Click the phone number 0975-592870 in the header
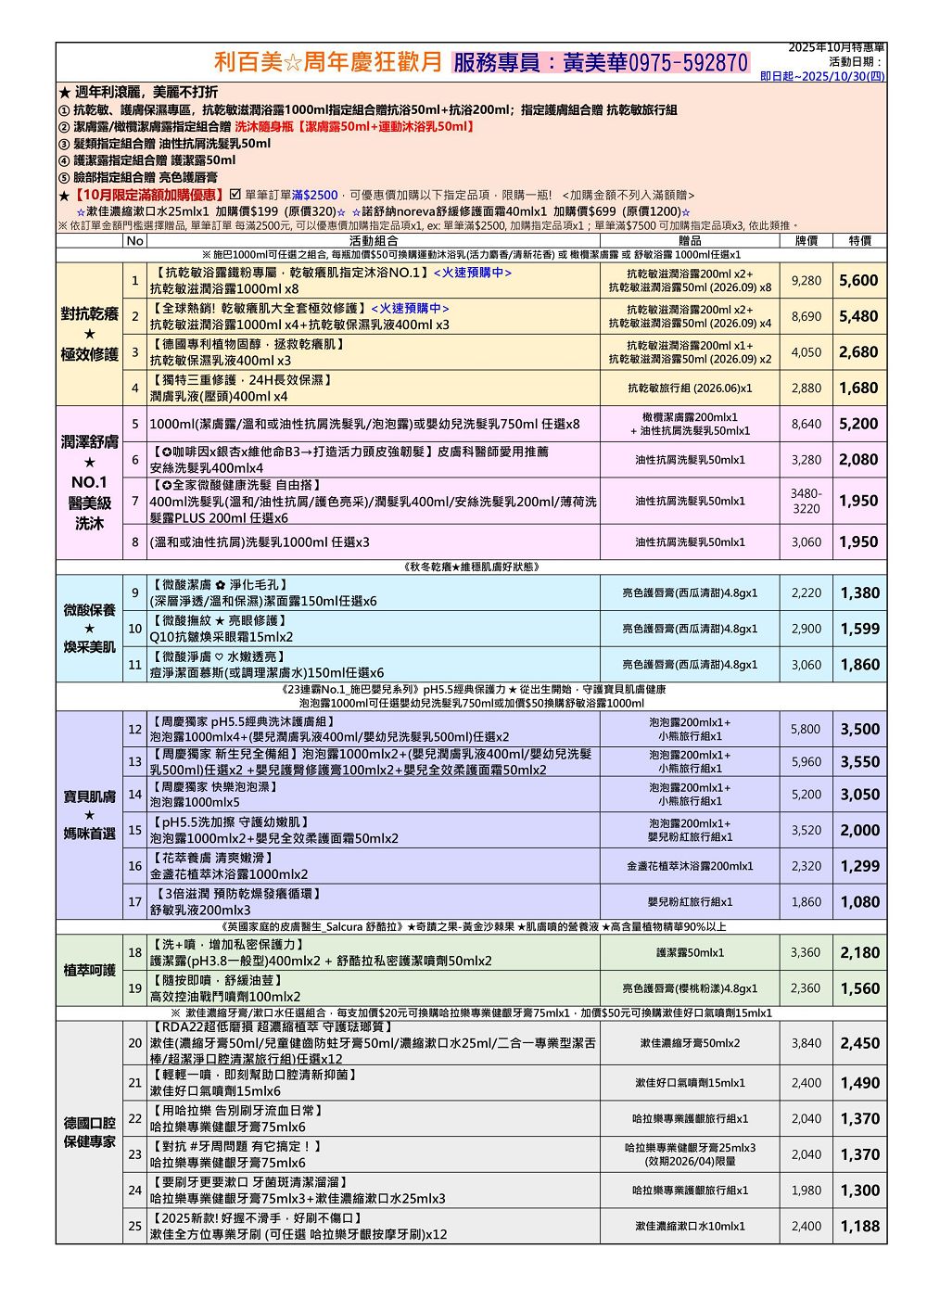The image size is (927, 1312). (689, 63)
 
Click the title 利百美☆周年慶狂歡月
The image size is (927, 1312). (328, 63)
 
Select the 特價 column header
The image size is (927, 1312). (859, 241)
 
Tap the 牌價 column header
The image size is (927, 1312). (806, 241)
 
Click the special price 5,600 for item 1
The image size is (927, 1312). (858, 281)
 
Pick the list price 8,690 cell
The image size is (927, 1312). (806, 316)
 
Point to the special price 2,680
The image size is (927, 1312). (858, 352)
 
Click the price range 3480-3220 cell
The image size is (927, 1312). (806, 502)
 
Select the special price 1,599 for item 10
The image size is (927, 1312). (858, 629)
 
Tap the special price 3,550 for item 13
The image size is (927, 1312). (858, 762)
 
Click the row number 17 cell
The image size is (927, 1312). (134, 901)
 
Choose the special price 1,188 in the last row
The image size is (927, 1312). (858, 1226)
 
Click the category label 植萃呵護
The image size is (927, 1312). (89, 970)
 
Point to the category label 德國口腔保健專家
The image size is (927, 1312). (89, 1132)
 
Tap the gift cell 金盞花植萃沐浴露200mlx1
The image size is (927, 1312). (690, 866)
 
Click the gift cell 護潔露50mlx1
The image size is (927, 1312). (690, 952)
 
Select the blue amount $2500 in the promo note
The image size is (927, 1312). (321, 196)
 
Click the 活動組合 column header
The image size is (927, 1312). (374, 241)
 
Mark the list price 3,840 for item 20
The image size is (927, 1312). (806, 1043)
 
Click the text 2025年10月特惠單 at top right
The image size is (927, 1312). (836, 47)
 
